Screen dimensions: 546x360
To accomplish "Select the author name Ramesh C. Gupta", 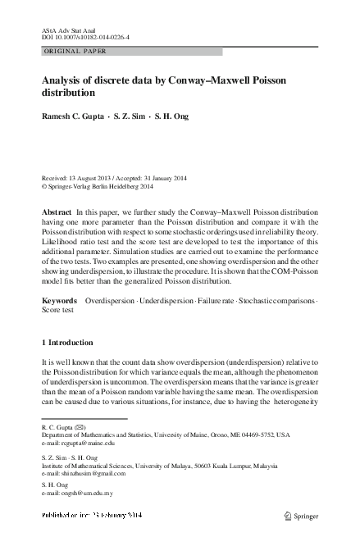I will (x=71, y=116).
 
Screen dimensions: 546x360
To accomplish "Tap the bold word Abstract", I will (x=57, y=212).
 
